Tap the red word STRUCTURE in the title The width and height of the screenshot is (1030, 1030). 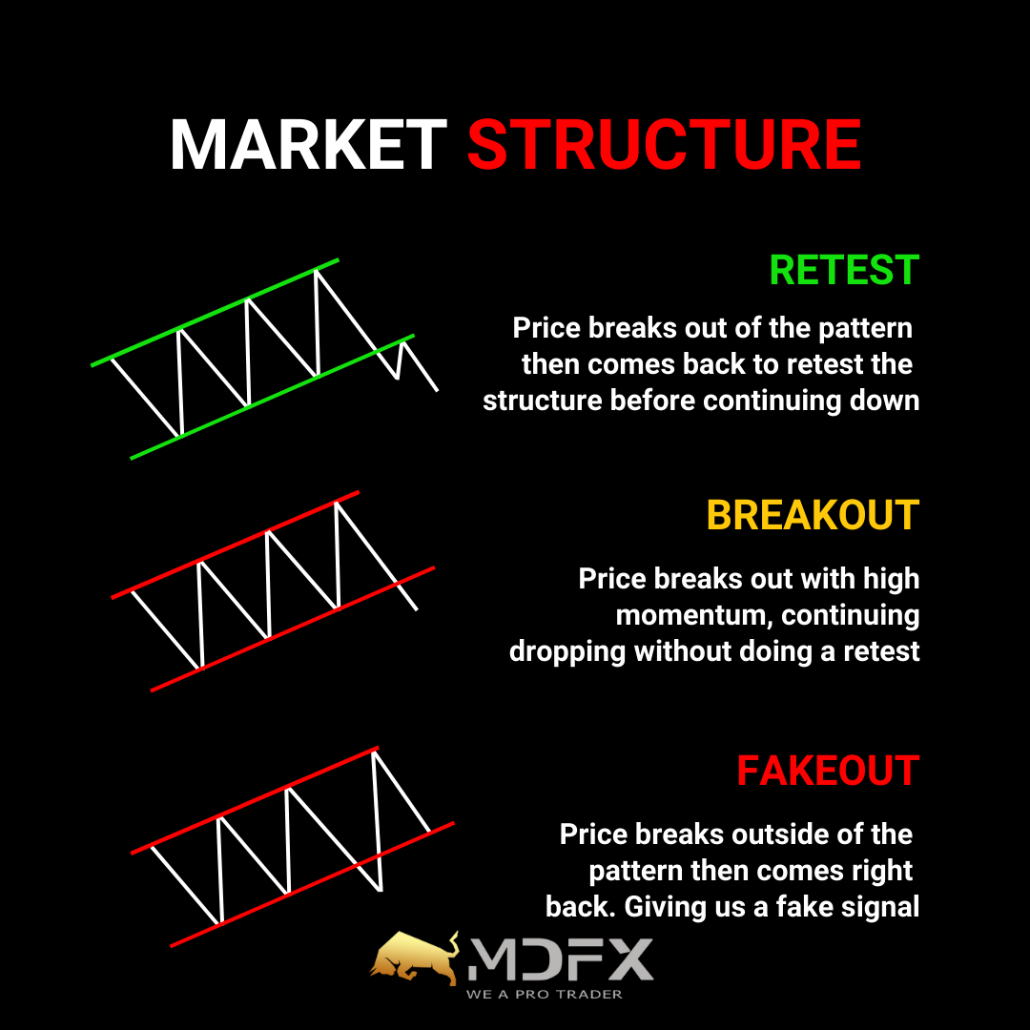pyautogui.click(x=664, y=145)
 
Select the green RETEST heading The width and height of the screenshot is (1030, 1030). pyautogui.click(x=844, y=270)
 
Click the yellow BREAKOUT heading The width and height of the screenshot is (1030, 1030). pyautogui.click(x=813, y=515)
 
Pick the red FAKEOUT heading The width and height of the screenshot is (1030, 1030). pyautogui.click(x=828, y=771)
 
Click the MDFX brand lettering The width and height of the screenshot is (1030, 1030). pyautogui.click(x=561, y=959)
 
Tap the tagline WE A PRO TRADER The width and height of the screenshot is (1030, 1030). pyautogui.click(x=544, y=995)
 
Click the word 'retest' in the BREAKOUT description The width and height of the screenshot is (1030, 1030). pyautogui.click(x=881, y=651)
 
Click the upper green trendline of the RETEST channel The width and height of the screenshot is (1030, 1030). pyautogui.click(x=215, y=312)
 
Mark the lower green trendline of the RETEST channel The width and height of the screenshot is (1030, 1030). pyautogui.click(x=273, y=397)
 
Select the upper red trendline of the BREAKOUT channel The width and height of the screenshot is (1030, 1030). pyautogui.click(x=236, y=545)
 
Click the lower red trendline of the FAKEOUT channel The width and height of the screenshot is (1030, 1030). pyautogui.click(x=312, y=884)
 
